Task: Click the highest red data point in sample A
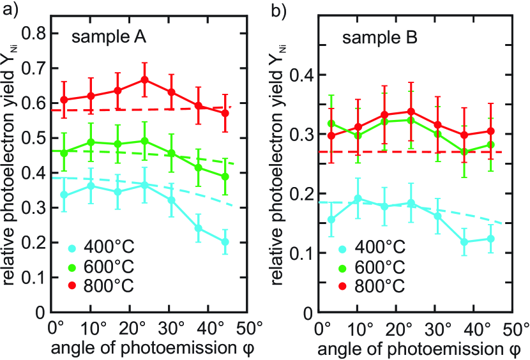[144, 80]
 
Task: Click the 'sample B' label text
[380, 39]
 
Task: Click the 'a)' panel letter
[9, 8]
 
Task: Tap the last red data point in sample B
[490, 131]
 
